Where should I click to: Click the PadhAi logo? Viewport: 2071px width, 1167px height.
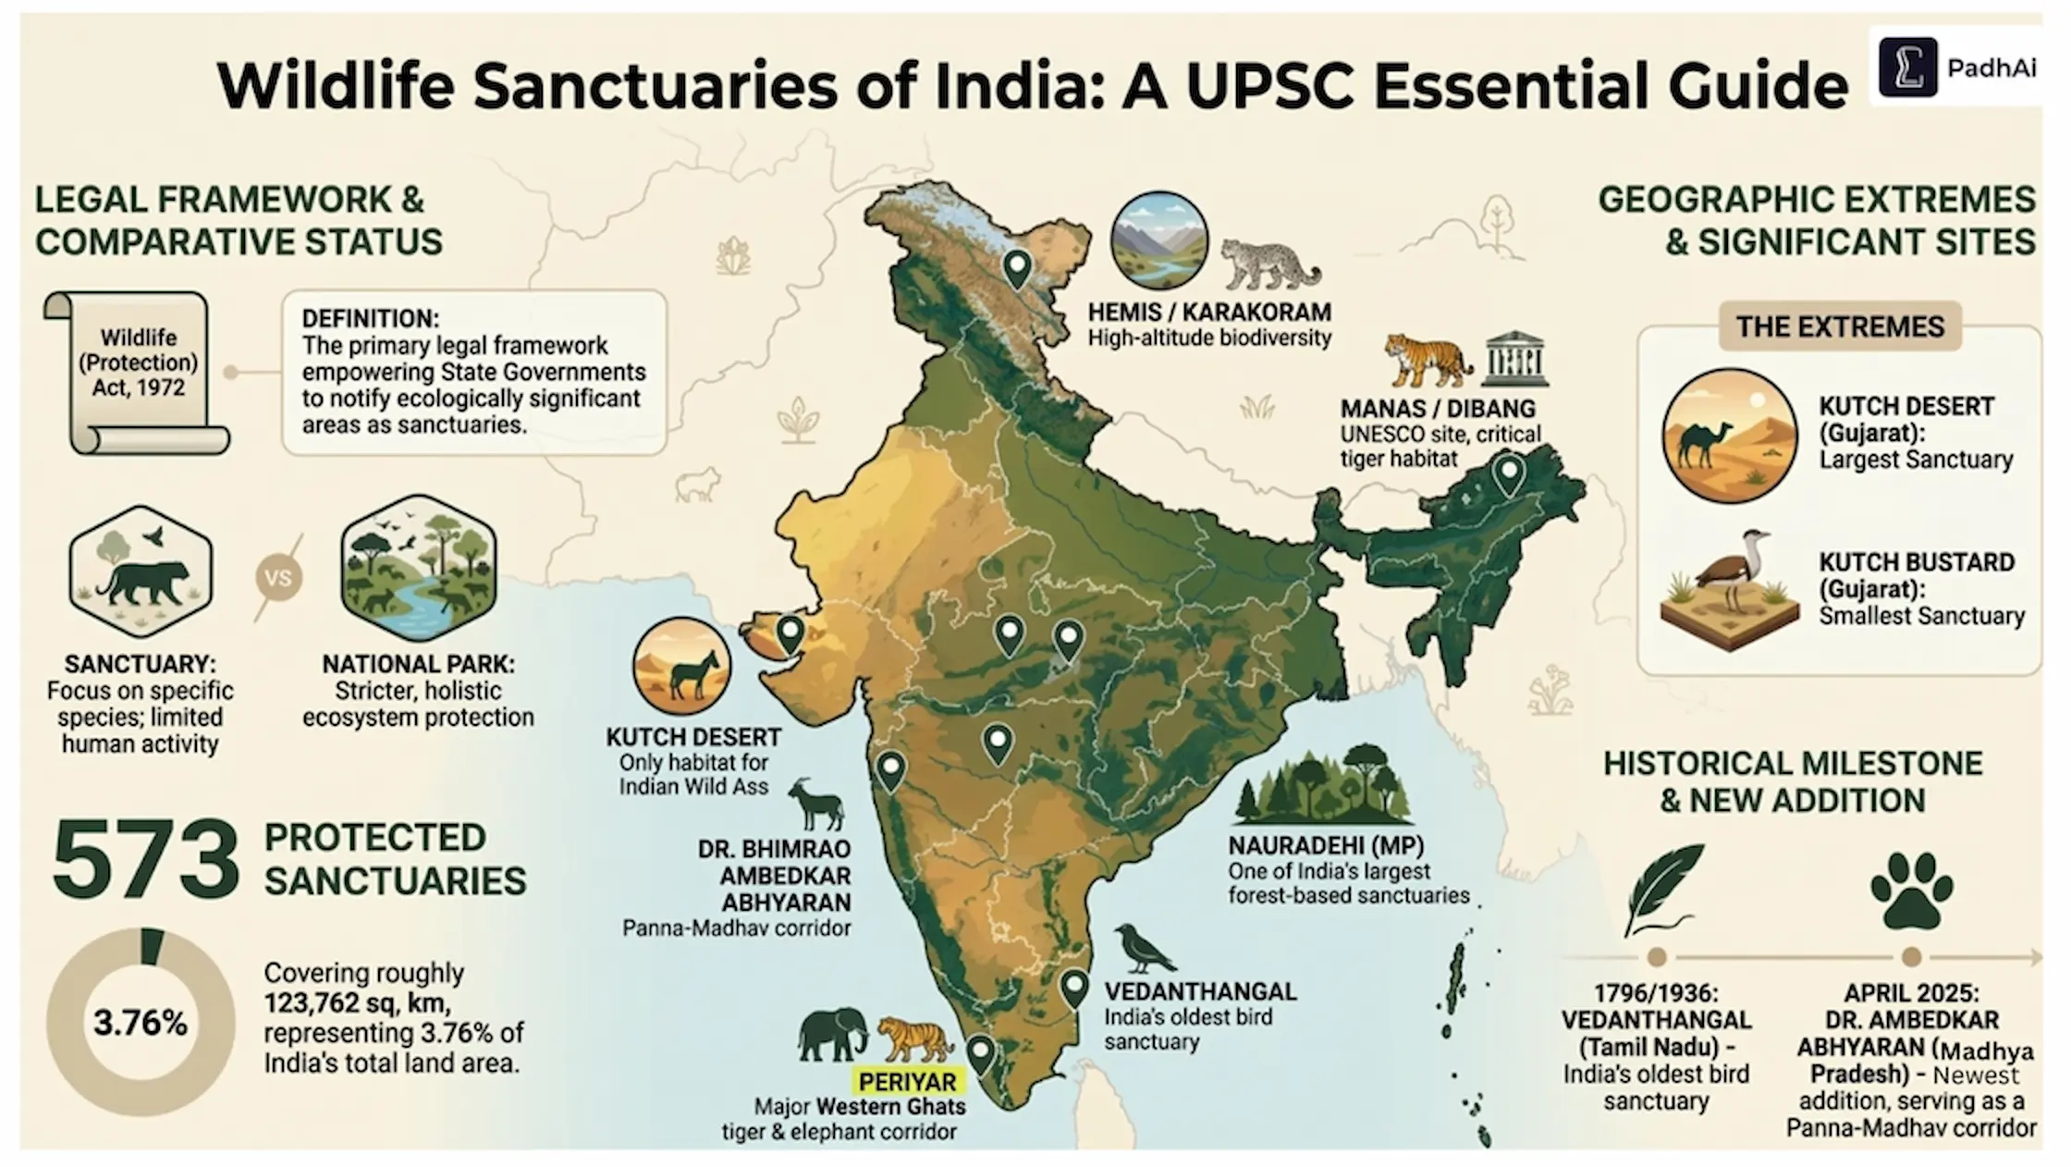click(1956, 68)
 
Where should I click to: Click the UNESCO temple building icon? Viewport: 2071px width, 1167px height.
click(1513, 359)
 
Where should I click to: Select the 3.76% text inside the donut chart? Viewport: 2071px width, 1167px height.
click(141, 1023)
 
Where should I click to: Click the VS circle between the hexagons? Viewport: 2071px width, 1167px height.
click(278, 579)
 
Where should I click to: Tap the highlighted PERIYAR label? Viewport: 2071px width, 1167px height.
click(907, 1081)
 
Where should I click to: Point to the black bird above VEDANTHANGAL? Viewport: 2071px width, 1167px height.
click(1144, 949)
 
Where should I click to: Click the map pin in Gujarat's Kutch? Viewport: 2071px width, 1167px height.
click(790, 634)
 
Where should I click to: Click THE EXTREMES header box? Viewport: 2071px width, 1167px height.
click(1839, 326)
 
